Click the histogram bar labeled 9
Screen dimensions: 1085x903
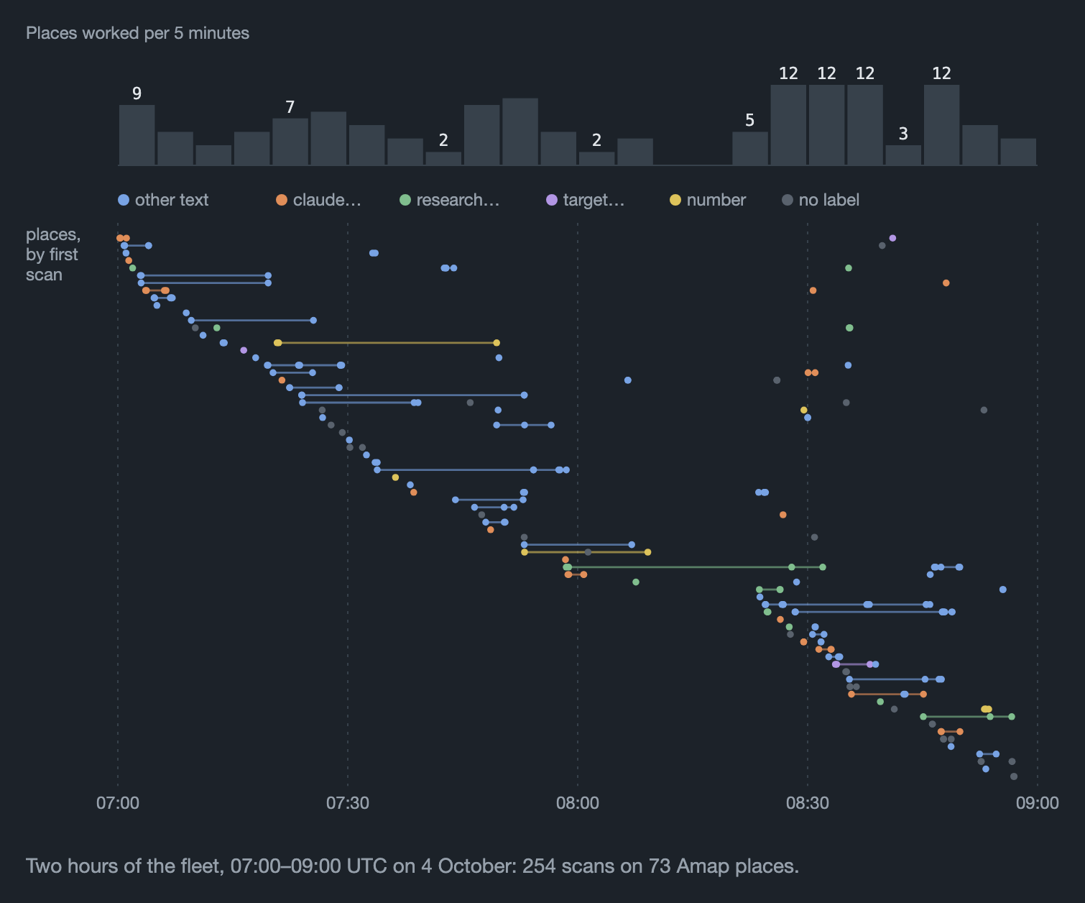click(x=137, y=135)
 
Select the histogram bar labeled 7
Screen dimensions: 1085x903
click(x=290, y=142)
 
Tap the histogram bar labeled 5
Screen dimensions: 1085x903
click(x=750, y=149)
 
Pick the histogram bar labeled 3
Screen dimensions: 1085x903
click(x=903, y=155)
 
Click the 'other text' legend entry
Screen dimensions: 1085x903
click(x=163, y=200)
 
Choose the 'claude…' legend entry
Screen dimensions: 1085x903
click(x=318, y=200)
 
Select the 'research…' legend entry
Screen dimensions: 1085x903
click(x=450, y=200)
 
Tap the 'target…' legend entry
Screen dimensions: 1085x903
click(x=586, y=200)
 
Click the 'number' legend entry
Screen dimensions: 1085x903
click(x=708, y=200)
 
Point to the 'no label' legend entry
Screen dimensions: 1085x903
click(x=821, y=200)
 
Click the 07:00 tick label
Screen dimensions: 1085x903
click(x=118, y=803)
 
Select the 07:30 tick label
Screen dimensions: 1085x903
click(x=348, y=803)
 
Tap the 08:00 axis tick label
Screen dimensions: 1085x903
click(x=577, y=803)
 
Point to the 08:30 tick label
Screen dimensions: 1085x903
click(x=808, y=803)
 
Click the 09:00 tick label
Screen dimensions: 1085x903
click(x=1037, y=803)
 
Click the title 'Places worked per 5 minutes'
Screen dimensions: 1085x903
click(x=138, y=33)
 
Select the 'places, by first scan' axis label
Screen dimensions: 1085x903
click(x=53, y=255)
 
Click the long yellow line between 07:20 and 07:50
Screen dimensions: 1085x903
click(x=387, y=343)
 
